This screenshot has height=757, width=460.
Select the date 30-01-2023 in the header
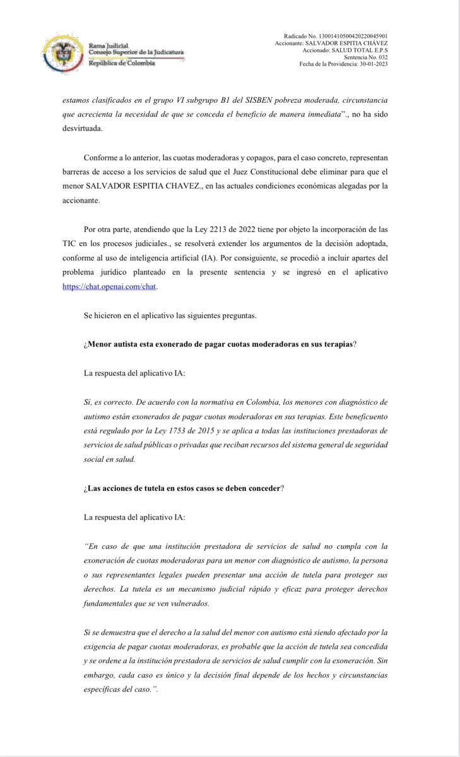(369, 64)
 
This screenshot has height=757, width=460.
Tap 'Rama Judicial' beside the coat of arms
(109, 45)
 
